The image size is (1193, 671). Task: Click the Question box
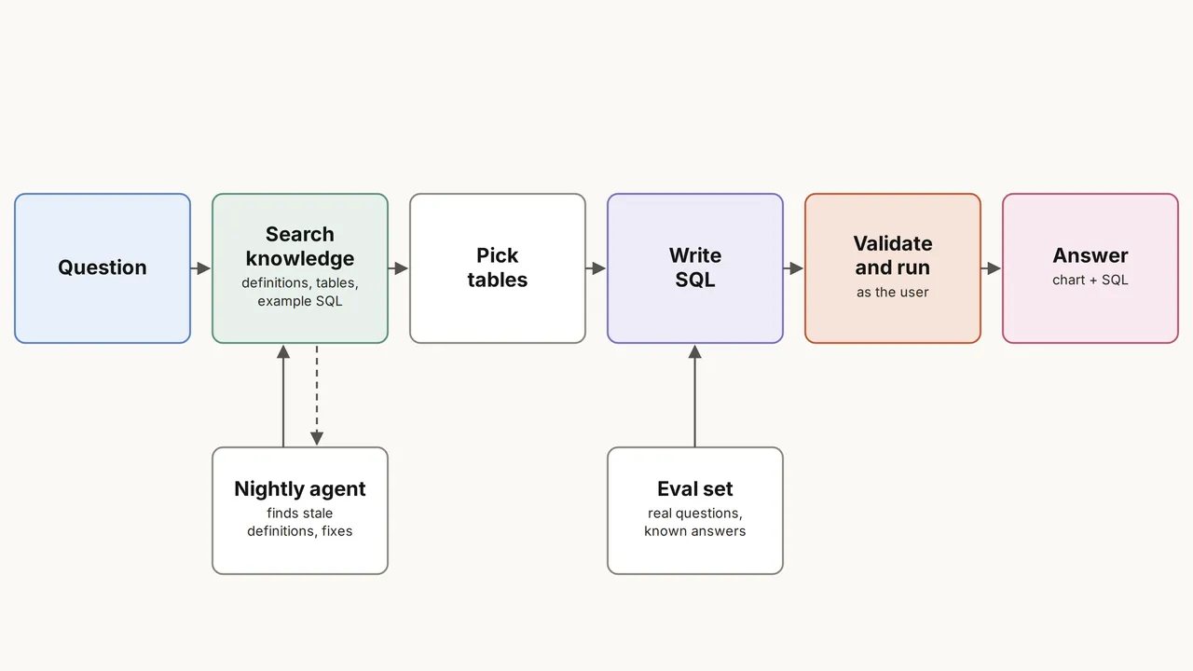tap(103, 268)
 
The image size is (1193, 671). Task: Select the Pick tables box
tap(498, 268)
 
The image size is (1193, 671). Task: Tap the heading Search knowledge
tap(300, 246)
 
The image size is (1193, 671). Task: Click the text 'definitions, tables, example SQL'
tap(300, 292)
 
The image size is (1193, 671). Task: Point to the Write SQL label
tap(695, 267)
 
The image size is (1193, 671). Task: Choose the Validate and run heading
tap(893, 255)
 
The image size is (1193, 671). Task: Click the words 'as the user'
tap(893, 293)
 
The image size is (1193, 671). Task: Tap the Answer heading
tap(1090, 255)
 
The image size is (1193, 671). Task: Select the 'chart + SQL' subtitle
tap(1090, 281)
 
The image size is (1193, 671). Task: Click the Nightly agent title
tap(300, 489)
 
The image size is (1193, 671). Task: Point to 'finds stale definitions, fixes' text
tap(300, 522)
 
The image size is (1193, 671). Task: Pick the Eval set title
tap(695, 489)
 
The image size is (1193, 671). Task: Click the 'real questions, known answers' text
tap(695, 522)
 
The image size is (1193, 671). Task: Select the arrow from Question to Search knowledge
tap(200, 268)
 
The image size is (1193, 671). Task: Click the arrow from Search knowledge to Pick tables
tap(398, 268)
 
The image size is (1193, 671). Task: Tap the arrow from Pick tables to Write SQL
tap(596, 268)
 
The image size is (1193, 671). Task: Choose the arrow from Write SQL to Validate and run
tap(793, 268)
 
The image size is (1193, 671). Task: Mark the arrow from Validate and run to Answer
tap(991, 268)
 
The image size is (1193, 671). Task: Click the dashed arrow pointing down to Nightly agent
tap(317, 395)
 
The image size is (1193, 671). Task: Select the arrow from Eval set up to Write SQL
tap(695, 396)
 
